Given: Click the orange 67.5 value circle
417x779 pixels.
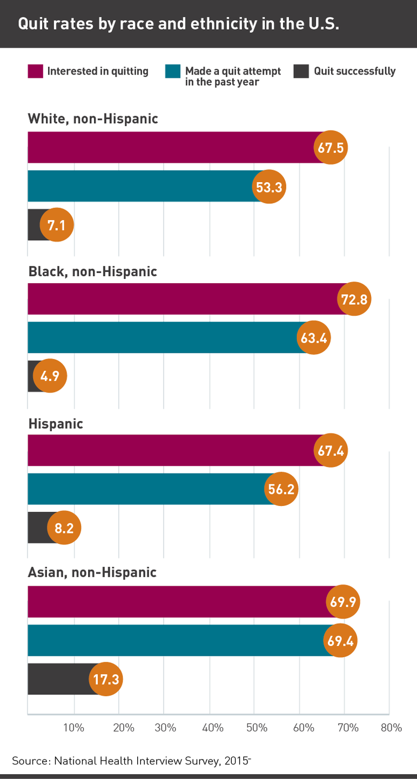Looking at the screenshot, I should [x=331, y=148].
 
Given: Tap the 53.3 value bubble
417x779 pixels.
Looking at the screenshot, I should [x=268, y=187].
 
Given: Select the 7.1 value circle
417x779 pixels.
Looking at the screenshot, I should [x=56, y=225].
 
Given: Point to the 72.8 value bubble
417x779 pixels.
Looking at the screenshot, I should [x=354, y=299].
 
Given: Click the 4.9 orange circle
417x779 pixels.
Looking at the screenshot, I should [x=50, y=376].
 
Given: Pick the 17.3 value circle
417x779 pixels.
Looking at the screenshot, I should [x=106, y=678].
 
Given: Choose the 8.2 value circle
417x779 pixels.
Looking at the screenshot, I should [x=64, y=527].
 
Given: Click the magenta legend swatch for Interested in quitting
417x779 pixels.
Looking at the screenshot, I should [x=35, y=71].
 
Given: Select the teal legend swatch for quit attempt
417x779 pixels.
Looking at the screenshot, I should [x=172, y=71].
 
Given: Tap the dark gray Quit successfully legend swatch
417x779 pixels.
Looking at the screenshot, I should [x=301, y=71].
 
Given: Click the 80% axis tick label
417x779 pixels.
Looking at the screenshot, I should [x=391, y=728].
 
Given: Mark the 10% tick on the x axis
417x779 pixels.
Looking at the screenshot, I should [x=74, y=728].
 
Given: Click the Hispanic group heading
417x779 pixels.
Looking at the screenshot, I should [x=56, y=423].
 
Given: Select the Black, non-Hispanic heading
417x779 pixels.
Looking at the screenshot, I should [x=92, y=271].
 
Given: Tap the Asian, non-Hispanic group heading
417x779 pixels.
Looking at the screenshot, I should [x=92, y=572].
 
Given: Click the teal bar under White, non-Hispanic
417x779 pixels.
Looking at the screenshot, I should [x=140, y=187].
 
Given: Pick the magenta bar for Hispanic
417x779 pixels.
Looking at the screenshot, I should [x=173, y=450].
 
